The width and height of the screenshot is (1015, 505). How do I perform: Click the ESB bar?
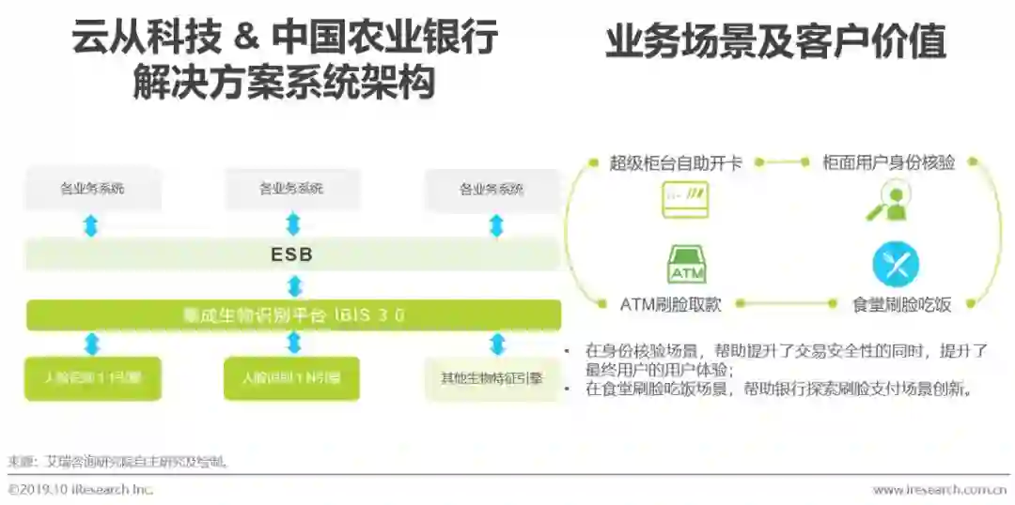[x=292, y=254]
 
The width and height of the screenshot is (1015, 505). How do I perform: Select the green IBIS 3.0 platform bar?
[x=292, y=315]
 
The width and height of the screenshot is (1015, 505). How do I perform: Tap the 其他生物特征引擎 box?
[x=492, y=378]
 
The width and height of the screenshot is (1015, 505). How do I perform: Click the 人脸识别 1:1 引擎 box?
[x=92, y=378]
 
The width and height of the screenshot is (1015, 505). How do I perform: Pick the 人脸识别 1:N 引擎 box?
[x=292, y=378]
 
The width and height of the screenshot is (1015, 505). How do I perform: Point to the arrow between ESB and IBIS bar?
[x=293, y=285]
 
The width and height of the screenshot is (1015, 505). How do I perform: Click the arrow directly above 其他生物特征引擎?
[x=495, y=344]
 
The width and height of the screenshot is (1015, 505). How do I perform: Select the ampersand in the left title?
[x=242, y=38]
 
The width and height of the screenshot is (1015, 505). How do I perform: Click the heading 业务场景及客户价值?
[x=775, y=43]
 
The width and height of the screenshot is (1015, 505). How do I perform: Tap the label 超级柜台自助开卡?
[x=676, y=162]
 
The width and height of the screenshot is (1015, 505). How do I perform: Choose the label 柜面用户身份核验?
[x=888, y=162]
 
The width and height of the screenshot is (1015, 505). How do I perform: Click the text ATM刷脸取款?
[x=673, y=304]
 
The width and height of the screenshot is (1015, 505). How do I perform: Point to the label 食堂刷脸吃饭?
[x=901, y=304]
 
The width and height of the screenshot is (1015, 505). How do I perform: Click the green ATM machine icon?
[x=686, y=265]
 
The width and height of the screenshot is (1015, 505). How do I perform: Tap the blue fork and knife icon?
[x=895, y=265]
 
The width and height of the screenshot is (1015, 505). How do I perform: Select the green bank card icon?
[x=685, y=201]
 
